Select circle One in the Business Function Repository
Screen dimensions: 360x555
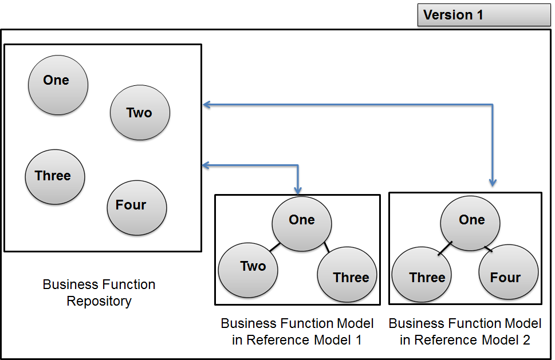[x=58, y=84]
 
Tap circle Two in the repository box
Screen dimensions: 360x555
[x=140, y=113]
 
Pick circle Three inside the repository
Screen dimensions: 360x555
[x=55, y=176]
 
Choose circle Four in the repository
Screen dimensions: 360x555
[x=136, y=208]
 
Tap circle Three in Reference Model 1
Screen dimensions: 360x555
[x=347, y=275]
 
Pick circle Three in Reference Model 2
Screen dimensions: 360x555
[x=421, y=276]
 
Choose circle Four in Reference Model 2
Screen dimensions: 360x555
[x=508, y=275]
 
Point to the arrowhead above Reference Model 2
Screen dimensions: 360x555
[x=493, y=182]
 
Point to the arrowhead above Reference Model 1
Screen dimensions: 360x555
[x=297, y=189]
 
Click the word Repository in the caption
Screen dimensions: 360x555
[x=99, y=301]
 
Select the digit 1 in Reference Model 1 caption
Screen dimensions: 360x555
[x=358, y=340]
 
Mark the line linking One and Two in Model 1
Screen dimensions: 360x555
[x=274, y=248]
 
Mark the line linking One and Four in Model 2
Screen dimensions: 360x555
[x=488, y=249]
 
